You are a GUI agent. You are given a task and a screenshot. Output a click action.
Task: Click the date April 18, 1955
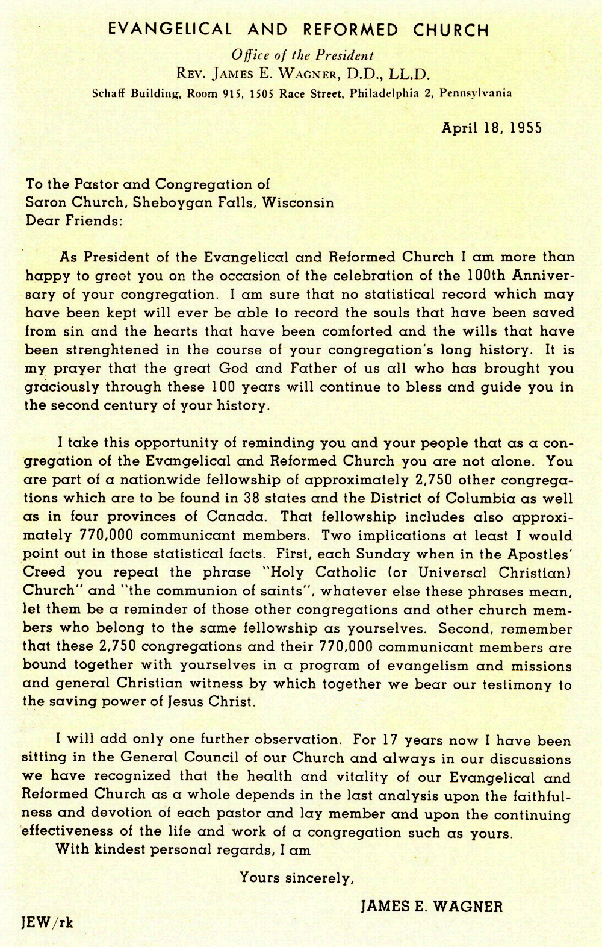point(491,128)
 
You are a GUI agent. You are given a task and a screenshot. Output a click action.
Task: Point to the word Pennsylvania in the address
point(476,93)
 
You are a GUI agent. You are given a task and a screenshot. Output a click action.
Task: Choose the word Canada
point(235,517)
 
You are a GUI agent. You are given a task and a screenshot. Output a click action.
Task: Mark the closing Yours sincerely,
point(296,878)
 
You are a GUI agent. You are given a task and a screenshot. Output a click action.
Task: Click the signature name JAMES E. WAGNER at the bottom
point(431,906)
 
